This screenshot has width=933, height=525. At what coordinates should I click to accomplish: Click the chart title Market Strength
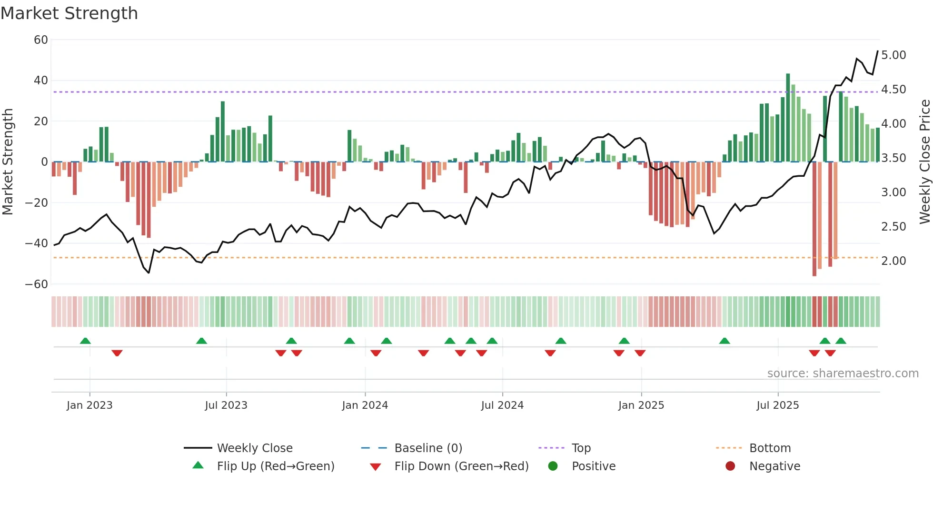69,13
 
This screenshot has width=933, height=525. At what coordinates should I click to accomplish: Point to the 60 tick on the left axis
41,40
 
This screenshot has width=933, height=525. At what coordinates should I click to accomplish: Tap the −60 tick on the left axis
37,284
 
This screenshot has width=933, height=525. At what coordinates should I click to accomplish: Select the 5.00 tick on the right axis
893,55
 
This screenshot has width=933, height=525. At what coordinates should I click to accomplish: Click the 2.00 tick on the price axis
893,261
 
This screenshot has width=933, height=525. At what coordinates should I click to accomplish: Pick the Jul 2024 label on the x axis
502,405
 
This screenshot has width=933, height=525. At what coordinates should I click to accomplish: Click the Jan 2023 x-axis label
89,405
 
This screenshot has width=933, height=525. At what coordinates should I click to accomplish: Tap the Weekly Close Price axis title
924,162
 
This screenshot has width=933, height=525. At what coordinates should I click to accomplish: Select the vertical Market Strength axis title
8,162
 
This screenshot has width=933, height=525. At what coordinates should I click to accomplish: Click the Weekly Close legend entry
255,448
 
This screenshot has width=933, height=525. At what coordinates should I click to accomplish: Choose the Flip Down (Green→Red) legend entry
461,466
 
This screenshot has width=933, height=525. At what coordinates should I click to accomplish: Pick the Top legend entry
581,448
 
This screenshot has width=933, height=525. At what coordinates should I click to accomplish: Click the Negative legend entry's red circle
730,466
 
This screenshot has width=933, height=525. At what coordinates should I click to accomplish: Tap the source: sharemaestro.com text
843,374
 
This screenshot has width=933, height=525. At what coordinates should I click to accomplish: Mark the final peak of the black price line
878,51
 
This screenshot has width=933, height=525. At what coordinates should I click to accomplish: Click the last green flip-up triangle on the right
841,341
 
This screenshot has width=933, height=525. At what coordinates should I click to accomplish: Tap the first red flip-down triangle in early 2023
117,353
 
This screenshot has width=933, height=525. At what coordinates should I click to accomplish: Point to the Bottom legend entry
770,448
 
